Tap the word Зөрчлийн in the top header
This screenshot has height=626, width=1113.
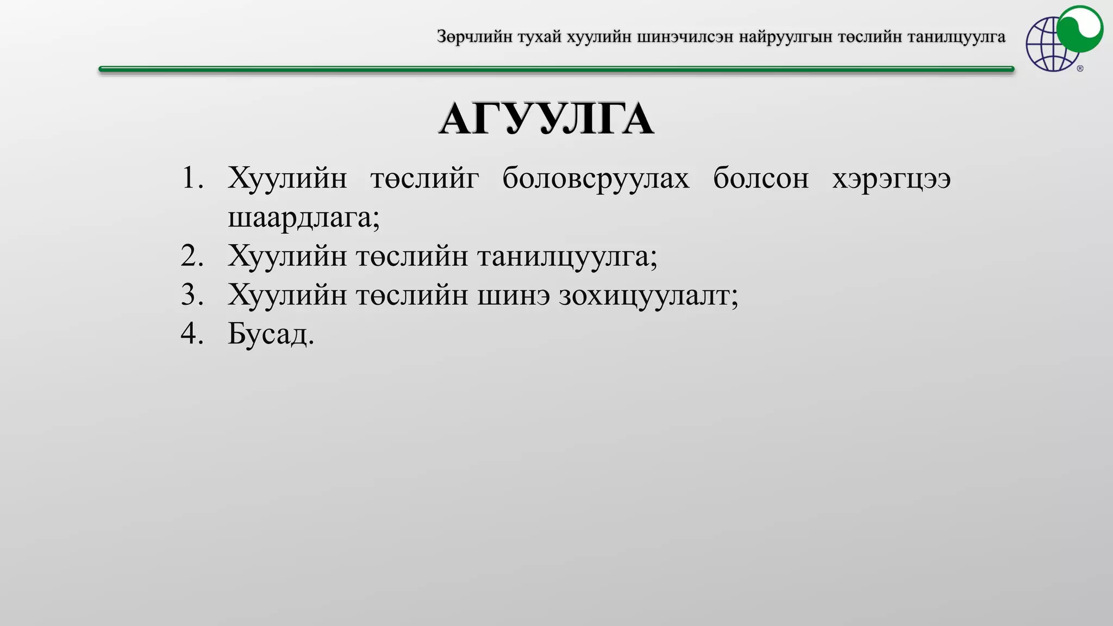(x=474, y=37)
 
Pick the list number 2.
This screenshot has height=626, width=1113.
(x=192, y=256)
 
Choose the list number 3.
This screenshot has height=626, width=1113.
(x=192, y=295)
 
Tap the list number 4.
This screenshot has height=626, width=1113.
(x=192, y=333)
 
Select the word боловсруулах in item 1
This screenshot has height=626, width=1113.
(x=596, y=178)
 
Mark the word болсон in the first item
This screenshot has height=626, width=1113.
(x=761, y=178)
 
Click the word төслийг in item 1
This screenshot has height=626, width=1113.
(x=424, y=178)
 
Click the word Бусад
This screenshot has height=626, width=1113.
(x=270, y=334)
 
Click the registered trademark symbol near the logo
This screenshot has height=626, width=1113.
(x=1080, y=68)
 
